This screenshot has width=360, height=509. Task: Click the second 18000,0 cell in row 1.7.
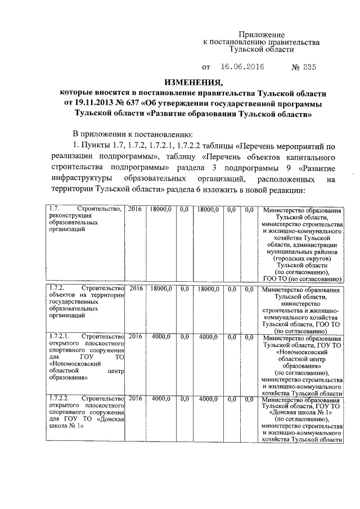tap(207, 209)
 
